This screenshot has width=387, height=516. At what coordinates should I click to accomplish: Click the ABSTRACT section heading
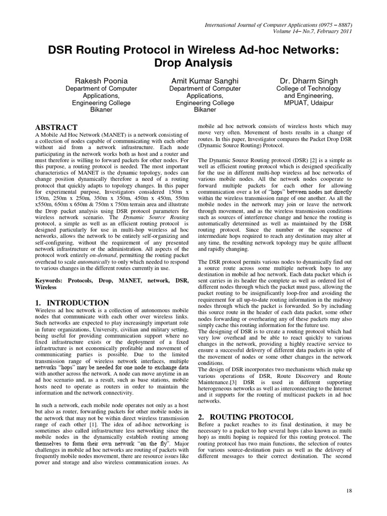click(56, 127)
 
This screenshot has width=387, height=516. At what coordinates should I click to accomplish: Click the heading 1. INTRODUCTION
click(72, 303)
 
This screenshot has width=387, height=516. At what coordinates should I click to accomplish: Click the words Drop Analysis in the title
click(193, 63)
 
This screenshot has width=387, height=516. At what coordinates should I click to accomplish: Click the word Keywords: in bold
click(53, 279)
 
